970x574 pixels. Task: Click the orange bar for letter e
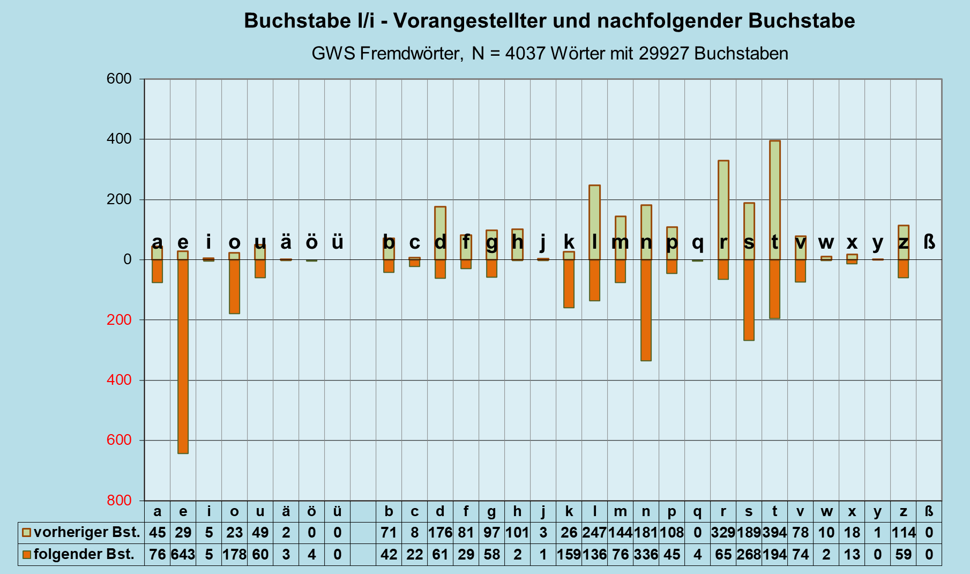183,356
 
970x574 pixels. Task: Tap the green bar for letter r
723,210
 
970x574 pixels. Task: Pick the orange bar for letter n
646,310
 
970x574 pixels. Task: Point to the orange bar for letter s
749,300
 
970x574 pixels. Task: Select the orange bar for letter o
234,287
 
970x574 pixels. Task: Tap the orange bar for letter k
569,284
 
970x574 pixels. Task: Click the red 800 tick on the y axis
119,501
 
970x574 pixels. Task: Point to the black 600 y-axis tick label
119,79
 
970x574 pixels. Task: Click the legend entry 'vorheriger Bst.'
86,533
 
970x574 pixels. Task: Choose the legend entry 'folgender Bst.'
84,554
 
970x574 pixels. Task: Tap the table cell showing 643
183,554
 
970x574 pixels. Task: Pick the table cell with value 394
774,533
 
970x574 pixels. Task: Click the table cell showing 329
723,533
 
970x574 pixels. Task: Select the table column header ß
929,511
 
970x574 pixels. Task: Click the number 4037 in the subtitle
525,54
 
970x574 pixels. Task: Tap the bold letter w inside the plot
826,243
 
